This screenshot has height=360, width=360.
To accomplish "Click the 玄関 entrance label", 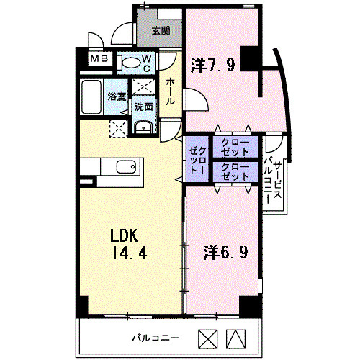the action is coord(161,31).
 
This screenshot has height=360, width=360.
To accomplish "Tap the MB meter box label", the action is coord(99,59).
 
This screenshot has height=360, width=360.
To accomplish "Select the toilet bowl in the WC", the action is coord(130,63).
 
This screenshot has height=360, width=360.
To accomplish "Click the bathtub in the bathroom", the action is coord(91,97).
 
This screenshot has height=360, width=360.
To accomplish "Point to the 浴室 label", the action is coord(117,96).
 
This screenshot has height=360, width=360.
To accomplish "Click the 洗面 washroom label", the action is coord(143,107).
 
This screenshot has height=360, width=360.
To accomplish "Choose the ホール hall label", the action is coord(170,91).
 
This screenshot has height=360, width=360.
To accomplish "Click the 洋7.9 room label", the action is coord(212,66).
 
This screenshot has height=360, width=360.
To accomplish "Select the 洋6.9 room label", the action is coord(225,252).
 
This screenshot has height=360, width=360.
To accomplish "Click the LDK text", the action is coord(124,235).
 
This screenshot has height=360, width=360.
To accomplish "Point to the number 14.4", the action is coord(129,253).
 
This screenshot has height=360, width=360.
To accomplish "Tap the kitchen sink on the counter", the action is coord(126,166).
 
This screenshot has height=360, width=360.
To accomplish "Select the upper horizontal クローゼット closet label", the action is coord(235,147).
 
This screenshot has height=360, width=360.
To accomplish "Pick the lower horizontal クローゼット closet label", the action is coord(235,172).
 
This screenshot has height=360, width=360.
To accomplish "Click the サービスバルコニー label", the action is coord(272,180).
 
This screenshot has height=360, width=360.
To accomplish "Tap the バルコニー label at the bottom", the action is coord(156,338).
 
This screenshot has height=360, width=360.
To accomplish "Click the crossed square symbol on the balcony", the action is coord(208,339).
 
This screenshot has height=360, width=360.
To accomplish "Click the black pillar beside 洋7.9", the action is coord(250,58).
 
